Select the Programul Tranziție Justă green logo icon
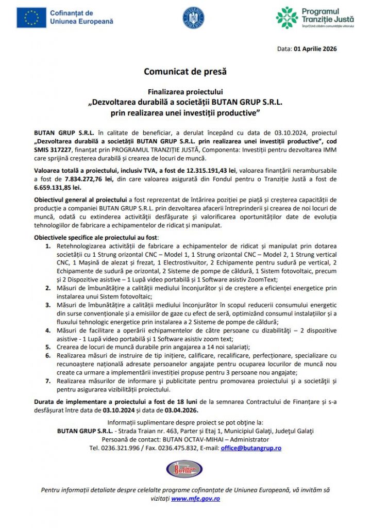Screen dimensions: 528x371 (286, 18)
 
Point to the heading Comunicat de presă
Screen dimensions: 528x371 (185, 71)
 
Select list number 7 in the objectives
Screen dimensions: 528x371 (48, 380)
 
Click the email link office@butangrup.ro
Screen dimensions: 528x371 (251, 448)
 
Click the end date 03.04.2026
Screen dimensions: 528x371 (176, 410)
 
